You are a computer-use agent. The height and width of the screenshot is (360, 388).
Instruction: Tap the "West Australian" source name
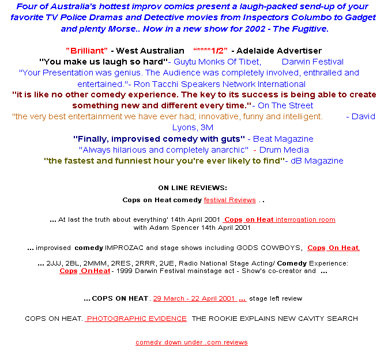(x=150, y=51)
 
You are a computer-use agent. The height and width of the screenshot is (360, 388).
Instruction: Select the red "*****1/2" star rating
(x=210, y=51)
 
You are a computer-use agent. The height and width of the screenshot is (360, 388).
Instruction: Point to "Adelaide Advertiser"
(x=279, y=51)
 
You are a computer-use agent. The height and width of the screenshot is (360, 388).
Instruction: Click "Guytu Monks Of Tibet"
(x=217, y=62)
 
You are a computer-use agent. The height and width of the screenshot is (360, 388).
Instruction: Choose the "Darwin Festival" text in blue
(x=312, y=62)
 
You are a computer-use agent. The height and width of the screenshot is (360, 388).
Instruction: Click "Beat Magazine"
(x=283, y=139)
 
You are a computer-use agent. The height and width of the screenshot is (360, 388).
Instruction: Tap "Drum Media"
(x=284, y=150)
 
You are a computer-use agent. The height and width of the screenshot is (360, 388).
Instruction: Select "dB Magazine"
(x=317, y=161)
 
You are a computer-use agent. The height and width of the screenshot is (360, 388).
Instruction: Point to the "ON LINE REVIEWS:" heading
(x=193, y=188)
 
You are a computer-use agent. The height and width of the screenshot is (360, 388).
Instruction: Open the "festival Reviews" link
(x=230, y=200)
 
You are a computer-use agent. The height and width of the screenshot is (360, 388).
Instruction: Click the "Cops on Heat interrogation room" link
(x=279, y=219)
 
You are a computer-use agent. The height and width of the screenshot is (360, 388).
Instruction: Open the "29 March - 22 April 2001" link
(x=194, y=298)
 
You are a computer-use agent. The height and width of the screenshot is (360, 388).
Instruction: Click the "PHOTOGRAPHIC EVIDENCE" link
(x=136, y=319)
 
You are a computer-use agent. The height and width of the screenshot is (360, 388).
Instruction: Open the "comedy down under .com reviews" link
(x=191, y=342)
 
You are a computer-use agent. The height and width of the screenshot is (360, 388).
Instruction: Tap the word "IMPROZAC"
(x=124, y=248)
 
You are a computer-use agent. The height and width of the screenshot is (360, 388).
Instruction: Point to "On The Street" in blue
(x=285, y=105)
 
